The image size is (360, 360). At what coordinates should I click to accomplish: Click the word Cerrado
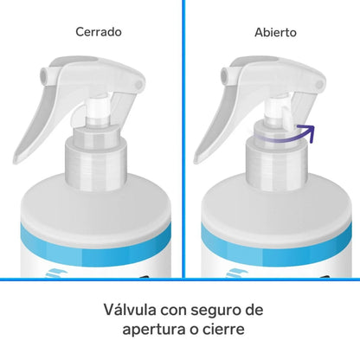pyautogui.click(x=98, y=33)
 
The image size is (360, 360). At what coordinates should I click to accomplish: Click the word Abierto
pyautogui.click(x=274, y=33)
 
